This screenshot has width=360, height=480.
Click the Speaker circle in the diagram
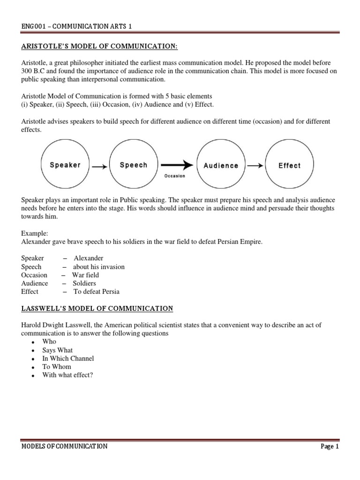(65, 165)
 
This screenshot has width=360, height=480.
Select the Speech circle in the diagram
(134, 165)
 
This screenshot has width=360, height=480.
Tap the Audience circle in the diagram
(221, 165)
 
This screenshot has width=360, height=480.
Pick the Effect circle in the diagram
(289, 165)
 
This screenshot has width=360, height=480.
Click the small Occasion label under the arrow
(174, 176)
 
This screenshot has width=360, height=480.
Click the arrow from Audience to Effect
(255, 165)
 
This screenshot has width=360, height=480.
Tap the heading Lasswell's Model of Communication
(97, 308)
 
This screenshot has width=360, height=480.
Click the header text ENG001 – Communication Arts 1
(76, 26)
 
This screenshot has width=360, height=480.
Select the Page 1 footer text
(330, 447)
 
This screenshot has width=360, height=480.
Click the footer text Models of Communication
(64, 447)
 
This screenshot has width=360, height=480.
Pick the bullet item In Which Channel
(68, 359)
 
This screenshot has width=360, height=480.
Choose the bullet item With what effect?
(67, 375)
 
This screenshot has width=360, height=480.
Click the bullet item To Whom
(56, 367)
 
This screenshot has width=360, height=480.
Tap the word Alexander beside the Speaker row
(89, 258)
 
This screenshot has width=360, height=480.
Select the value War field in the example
(85, 275)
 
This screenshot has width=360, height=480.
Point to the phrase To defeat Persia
(96, 292)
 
